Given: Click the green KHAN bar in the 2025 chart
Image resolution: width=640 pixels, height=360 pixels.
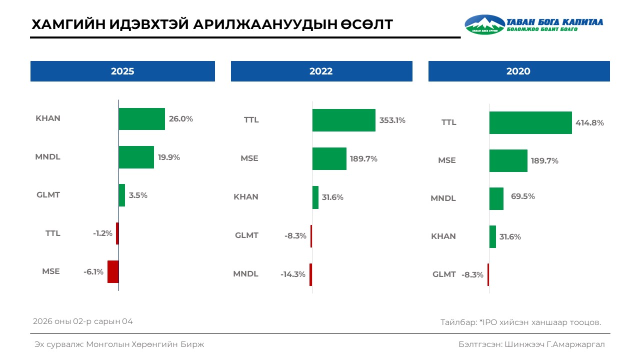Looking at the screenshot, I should click(x=141, y=119).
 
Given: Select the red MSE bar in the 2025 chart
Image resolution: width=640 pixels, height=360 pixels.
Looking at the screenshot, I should click(x=113, y=271).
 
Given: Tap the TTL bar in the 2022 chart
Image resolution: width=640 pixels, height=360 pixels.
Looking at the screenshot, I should click(x=343, y=120).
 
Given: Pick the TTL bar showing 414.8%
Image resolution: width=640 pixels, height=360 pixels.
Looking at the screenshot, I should click(x=530, y=122).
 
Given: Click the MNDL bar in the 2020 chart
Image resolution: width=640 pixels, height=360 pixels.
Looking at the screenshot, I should click(x=496, y=198).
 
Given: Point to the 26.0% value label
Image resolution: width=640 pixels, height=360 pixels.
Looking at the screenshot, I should click(x=180, y=119).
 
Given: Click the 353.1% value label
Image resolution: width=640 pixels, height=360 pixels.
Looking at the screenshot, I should click(x=392, y=120).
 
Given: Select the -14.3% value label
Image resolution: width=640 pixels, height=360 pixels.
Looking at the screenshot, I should click(x=293, y=274).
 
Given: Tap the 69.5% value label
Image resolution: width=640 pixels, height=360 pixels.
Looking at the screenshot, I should click(x=522, y=196).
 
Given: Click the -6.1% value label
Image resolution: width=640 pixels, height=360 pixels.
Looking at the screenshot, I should click(x=93, y=272).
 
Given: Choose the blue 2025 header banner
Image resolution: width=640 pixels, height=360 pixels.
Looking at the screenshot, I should click(x=122, y=71).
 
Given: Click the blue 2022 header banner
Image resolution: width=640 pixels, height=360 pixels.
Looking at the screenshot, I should click(x=321, y=71).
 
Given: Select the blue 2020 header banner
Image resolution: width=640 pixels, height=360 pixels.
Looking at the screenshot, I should click(x=519, y=71).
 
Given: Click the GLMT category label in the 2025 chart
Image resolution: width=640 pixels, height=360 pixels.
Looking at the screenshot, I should click(x=48, y=195).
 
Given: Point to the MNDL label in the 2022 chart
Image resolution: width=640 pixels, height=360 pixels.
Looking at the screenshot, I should click(x=245, y=274).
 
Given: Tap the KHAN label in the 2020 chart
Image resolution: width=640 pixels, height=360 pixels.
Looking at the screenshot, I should click(x=443, y=236).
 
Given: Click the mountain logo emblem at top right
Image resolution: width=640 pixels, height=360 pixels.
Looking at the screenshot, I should click(x=484, y=24).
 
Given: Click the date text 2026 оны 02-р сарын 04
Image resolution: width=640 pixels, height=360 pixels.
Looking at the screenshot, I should click(x=83, y=321).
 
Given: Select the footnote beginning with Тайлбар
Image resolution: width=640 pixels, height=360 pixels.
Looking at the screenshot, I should click(x=520, y=322).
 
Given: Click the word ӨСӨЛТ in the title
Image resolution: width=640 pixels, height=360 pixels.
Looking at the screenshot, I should click(x=361, y=24).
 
